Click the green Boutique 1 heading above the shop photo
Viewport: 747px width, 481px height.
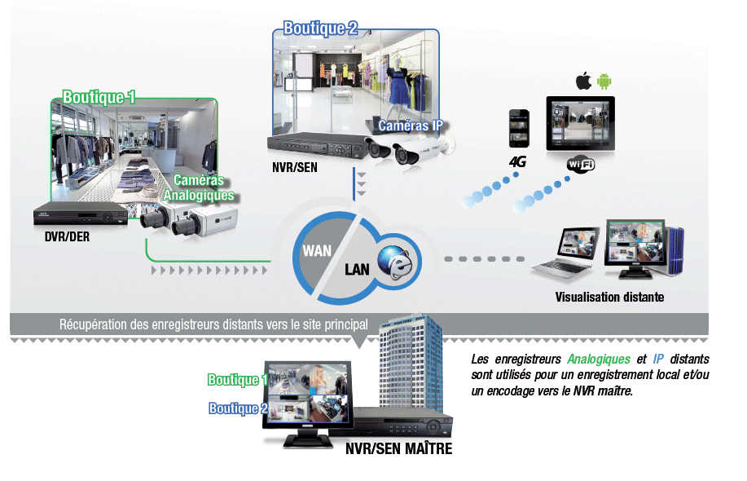[x=99, y=97]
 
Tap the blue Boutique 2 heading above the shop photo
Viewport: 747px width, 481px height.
[x=320, y=29]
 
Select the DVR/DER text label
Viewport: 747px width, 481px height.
[x=67, y=238]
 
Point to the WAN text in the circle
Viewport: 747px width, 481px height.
[x=317, y=250]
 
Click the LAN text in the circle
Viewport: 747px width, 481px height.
[x=358, y=269]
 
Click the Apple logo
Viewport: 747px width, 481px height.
[x=582, y=81]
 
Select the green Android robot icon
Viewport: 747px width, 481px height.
[x=604, y=81]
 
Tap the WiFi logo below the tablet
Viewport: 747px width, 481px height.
[x=581, y=165]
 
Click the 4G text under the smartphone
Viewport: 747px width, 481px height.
[x=517, y=161]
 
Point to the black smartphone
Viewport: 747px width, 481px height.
[x=519, y=129]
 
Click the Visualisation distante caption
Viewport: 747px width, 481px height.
[x=609, y=297]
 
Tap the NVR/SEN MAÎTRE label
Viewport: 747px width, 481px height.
[x=398, y=449]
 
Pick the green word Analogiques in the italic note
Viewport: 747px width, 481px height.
[x=599, y=359]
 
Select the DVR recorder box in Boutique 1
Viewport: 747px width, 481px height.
[x=81, y=216]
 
